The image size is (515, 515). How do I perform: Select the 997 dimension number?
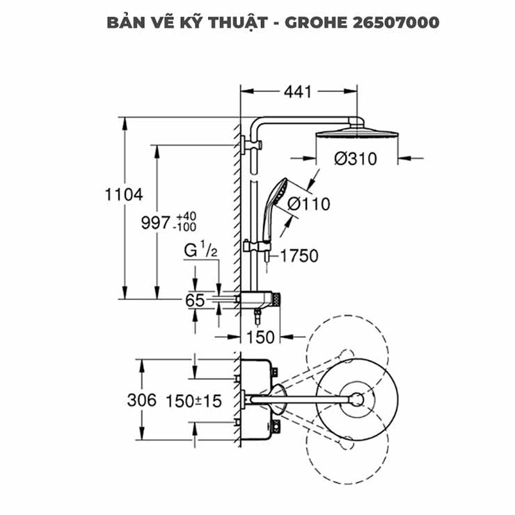(x=156, y=223)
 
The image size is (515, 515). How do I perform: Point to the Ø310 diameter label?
(x=355, y=159)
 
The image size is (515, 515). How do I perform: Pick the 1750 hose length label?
(x=299, y=256)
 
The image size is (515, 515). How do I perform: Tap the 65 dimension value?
(x=195, y=301)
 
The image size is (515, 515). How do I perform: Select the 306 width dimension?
(x=141, y=401)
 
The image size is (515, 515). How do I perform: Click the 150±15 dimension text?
(x=193, y=401)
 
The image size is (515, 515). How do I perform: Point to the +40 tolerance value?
(x=187, y=216)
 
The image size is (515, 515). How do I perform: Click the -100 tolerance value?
(x=187, y=228)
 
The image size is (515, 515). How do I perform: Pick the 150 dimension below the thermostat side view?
(x=262, y=337)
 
